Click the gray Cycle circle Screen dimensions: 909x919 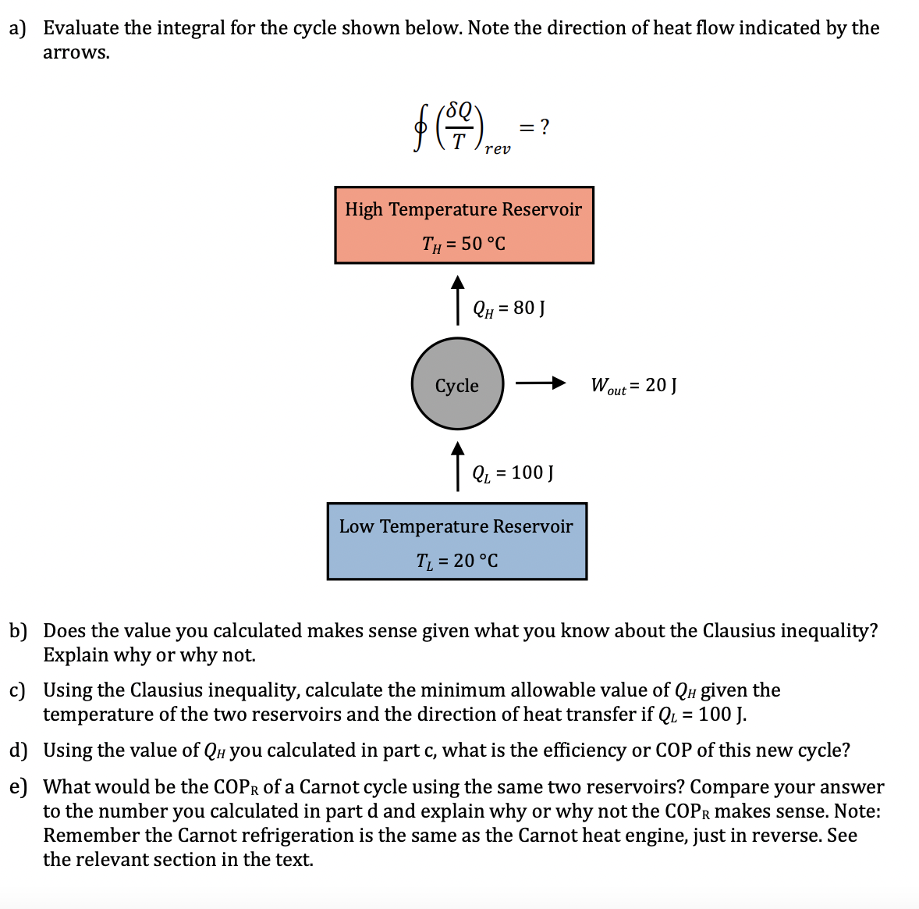pos(457,383)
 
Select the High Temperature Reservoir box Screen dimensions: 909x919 pos(464,225)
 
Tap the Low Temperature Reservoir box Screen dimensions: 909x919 pos(456,541)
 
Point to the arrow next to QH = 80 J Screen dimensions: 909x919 pos(458,299)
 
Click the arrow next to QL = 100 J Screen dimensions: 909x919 pos(458,466)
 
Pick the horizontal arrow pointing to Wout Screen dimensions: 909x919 pos(540,383)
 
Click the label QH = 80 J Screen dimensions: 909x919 pos(509,308)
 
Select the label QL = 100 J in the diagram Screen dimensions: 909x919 pos(513,472)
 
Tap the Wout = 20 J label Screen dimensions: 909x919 pos(633,385)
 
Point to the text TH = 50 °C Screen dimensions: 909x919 pos(463,244)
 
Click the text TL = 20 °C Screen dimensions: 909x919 pos(456,561)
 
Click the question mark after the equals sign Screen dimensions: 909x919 pos(545,126)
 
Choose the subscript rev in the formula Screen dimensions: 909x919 pos(498,148)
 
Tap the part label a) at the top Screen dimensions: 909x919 pos(17,28)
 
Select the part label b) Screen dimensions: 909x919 pos(18,631)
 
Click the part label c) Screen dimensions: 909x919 pos(17,690)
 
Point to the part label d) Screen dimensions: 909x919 pos(18,750)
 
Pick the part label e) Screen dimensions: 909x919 pos(18,786)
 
